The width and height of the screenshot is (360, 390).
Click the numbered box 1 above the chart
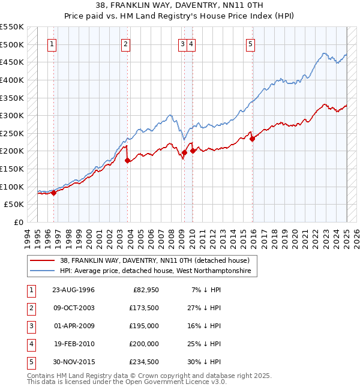click(52, 43)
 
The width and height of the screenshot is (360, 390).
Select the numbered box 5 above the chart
click(250, 43)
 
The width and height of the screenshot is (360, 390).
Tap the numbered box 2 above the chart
click(125, 43)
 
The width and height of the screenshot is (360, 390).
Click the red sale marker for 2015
click(253, 139)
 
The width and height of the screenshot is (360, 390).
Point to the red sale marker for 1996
click(53, 193)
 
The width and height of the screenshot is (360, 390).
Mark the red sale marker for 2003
click(127, 160)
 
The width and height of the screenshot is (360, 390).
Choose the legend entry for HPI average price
click(158, 271)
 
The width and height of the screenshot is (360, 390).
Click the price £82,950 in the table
click(145, 290)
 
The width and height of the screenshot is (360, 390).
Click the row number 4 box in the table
click(30, 344)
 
